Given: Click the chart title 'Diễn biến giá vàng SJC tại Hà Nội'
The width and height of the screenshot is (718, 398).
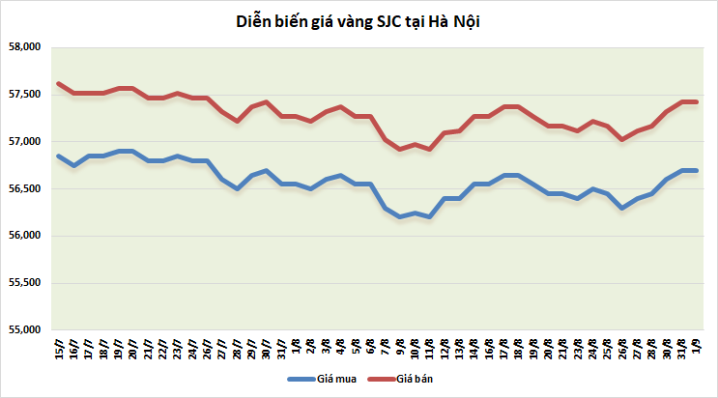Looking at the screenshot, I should (359, 22).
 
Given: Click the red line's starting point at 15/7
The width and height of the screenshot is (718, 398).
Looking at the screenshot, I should (59, 83).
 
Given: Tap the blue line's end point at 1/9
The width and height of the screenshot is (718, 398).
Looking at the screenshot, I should (695, 171).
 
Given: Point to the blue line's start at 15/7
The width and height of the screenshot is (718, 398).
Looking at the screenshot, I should (59, 156).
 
